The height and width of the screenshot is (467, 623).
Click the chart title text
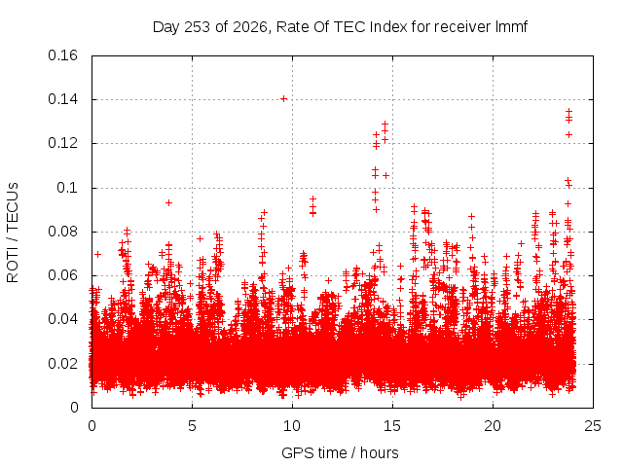(x=340, y=27)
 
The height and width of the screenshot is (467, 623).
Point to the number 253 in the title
(x=197, y=27)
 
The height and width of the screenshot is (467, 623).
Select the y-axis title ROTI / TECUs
(x=13, y=233)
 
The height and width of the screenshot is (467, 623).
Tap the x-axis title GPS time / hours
(x=340, y=452)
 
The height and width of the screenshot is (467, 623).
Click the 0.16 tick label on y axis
(x=62, y=55)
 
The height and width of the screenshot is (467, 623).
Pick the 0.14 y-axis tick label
(x=62, y=99)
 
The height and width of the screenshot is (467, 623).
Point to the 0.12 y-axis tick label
(x=62, y=143)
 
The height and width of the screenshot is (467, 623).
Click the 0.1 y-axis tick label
(x=67, y=188)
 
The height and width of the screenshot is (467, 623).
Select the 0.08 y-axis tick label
(x=62, y=232)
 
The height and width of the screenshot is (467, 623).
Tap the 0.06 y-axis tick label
(x=62, y=275)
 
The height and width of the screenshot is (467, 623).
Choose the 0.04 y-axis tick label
(x=62, y=319)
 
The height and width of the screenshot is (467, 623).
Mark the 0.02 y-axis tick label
(x=62, y=363)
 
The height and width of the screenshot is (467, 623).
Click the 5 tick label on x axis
(x=193, y=426)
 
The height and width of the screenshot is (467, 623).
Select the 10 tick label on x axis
(x=292, y=426)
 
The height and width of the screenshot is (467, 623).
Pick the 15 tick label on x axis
(x=392, y=426)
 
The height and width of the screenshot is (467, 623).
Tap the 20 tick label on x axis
(x=493, y=426)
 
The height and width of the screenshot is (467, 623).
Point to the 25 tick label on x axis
(x=593, y=426)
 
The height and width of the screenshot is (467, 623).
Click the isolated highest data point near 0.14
(x=283, y=99)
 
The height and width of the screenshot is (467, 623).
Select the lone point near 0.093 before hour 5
(x=168, y=203)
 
